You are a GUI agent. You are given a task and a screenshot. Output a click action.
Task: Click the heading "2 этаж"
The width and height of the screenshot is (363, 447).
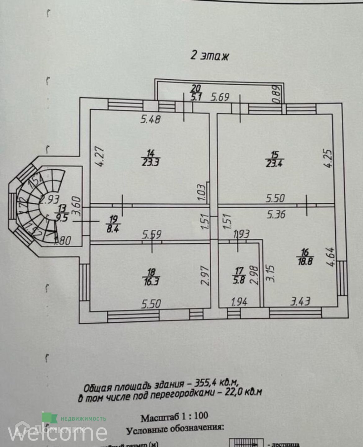pyautogui.click(x=210, y=56)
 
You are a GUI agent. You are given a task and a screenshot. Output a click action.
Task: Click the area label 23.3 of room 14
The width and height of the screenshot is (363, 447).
pyautogui.click(x=151, y=162)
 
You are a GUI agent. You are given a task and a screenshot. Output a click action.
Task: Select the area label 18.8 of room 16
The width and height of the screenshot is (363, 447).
pyautogui.click(x=305, y=261)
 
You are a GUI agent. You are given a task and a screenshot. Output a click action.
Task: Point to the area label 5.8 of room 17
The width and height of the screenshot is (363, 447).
pyautogui.click(x=239, y=280)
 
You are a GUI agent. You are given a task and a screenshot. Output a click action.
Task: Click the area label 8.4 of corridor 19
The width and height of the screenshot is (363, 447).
pyautogui.click(x=113, y=229)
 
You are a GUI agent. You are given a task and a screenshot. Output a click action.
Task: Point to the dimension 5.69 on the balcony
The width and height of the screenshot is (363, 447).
pyautogui.click(x=220, y=97)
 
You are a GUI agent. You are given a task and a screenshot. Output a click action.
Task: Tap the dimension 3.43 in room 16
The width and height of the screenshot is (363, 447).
pyautogui.click(x=300, y=301)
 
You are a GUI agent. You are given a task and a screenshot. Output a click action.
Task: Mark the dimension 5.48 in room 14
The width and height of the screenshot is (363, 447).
pyautogui.click(x=151, y=119)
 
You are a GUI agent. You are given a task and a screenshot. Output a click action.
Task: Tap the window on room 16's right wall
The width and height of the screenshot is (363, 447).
pyautogui.click(x=342, y=278)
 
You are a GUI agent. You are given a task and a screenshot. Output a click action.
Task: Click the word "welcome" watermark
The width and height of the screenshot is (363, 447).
pyautogui.click(x=57, y=433)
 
